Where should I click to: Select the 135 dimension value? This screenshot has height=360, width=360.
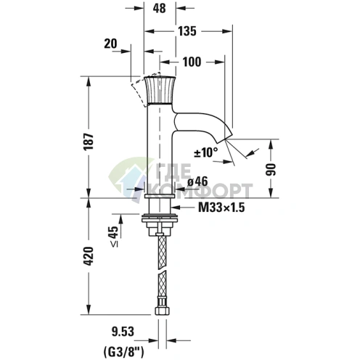click(188, 31)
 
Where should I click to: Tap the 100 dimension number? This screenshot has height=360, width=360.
click(192, 62)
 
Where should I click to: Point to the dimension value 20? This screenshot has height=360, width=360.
click(110, 44)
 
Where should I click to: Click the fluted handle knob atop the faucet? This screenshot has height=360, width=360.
click(160, 90)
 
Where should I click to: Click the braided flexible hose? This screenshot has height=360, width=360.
click(160, 272)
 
